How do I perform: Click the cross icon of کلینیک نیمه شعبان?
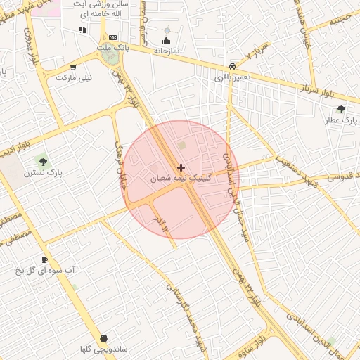181,167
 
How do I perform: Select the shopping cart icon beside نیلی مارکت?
72,68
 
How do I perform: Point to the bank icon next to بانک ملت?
113,37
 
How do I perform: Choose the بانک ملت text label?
112,47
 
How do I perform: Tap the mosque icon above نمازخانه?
167,39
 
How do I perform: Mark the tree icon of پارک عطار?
342,109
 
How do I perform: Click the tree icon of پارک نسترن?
44,162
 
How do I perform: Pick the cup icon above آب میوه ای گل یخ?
45,259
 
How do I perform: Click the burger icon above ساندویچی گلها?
104,338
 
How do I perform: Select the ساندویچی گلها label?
103,349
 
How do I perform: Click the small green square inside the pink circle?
182,146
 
